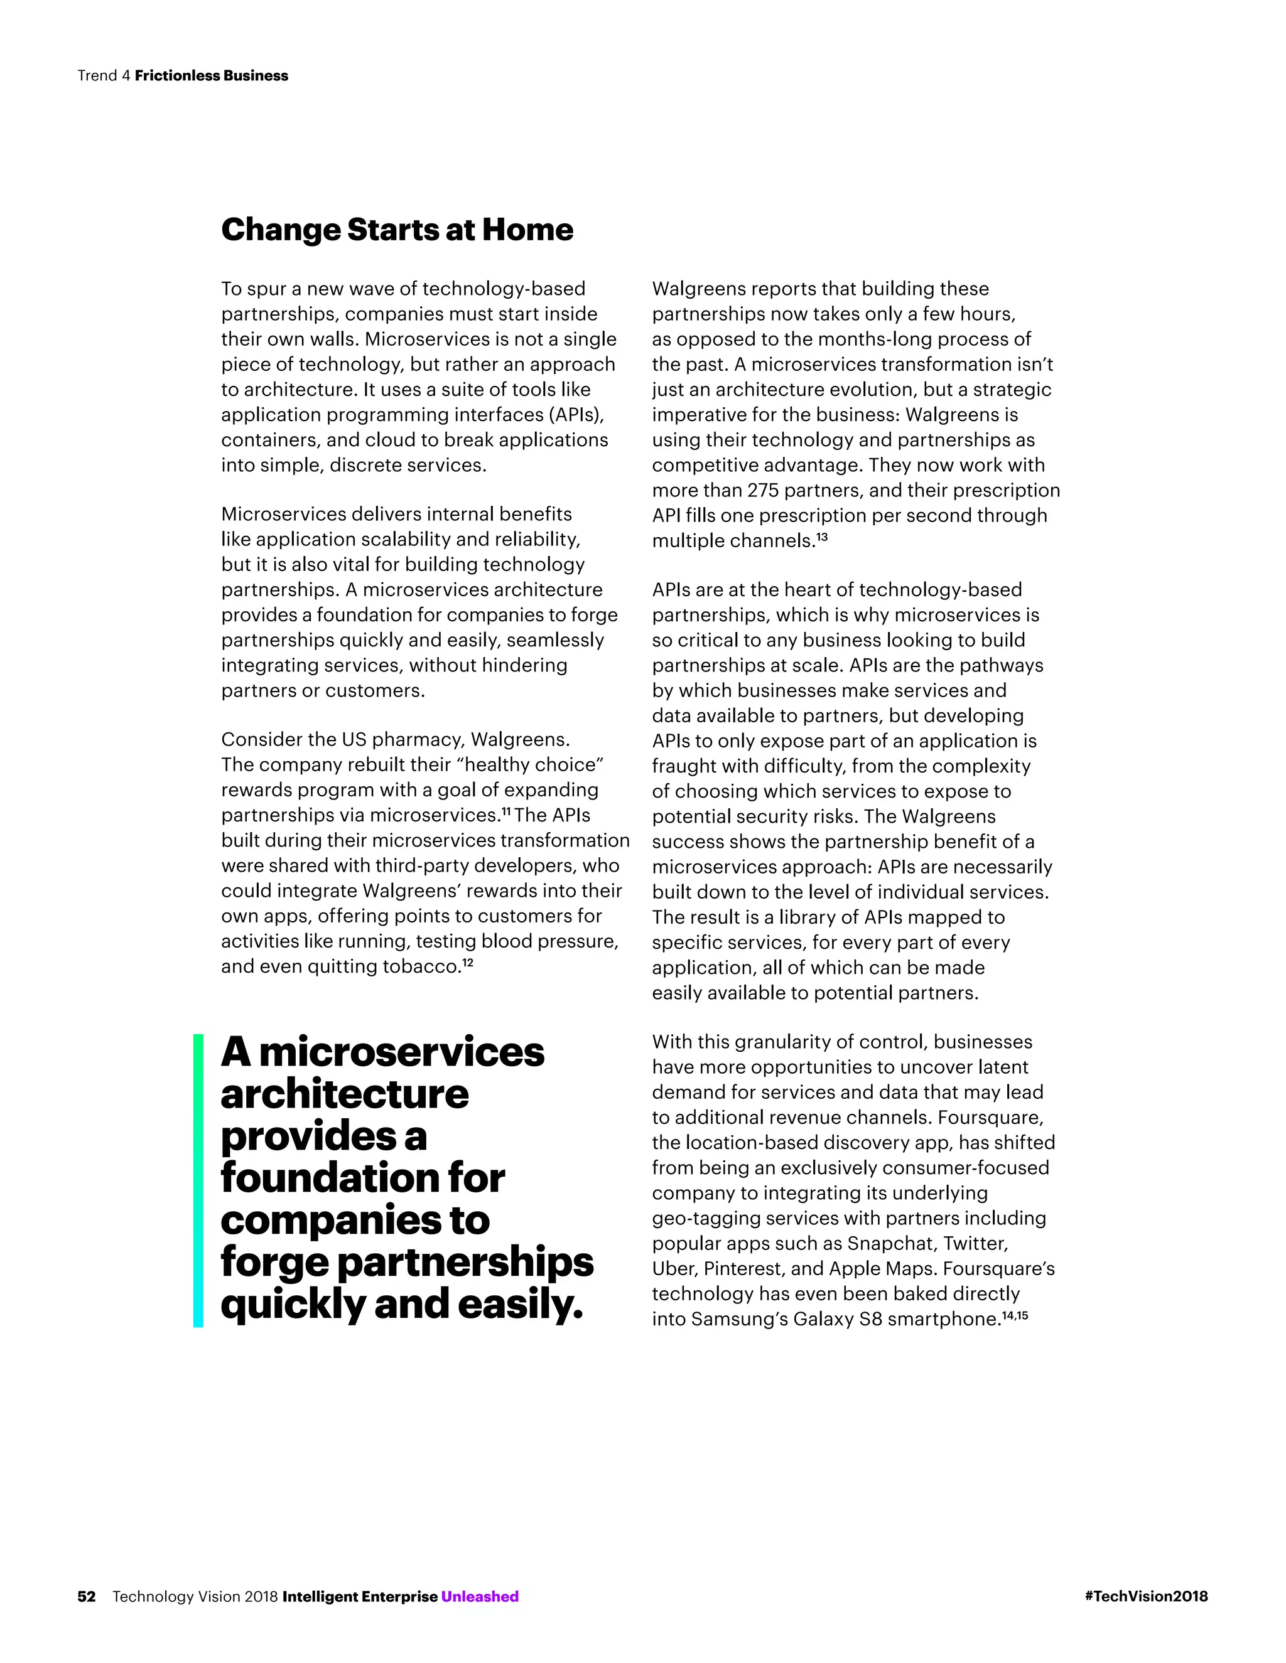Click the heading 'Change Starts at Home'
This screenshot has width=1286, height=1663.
point(396,230)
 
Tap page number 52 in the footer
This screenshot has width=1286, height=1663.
point(86,1596)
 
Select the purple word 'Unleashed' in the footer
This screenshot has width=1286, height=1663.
point(479,1596)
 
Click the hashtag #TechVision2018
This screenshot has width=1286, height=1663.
point(1146,1596)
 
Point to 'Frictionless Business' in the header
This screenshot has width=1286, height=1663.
point(211,75)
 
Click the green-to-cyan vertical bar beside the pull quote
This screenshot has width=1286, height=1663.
point(198,1180)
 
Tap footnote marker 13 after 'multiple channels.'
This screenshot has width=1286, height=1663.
point(822,537)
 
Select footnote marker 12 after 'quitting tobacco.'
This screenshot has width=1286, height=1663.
point(468,963)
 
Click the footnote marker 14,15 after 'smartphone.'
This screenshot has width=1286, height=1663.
point(1015,1315)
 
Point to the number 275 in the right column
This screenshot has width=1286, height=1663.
point(762,490)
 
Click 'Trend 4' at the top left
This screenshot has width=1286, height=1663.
point(104,75)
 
